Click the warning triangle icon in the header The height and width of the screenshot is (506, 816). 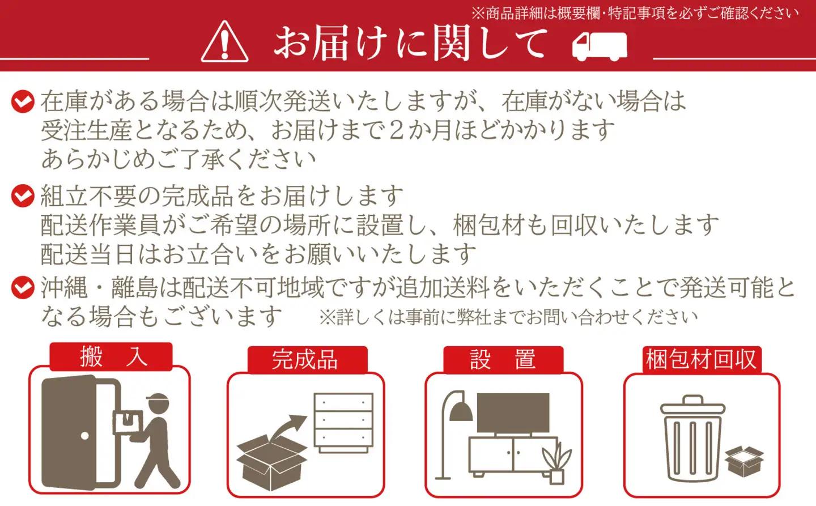click(x=224, y=42)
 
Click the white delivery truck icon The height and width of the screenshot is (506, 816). click(x=600, y=46)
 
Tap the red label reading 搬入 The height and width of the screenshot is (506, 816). click(x=110, y=357)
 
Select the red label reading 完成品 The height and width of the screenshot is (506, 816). click(x=308, y=360)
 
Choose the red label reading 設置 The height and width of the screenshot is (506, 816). click(x=503, y=360)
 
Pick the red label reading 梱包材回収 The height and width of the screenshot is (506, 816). click(x=702, y=360)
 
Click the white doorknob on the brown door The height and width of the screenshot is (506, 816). click(x=85, y=436)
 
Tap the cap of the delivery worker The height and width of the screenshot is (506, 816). click(x=158, y=399)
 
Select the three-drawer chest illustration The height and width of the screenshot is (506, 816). click(x=343, y=423)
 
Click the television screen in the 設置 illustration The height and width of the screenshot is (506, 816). click(x=513, y=413)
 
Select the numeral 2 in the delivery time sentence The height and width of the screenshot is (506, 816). click(x=397, y=130)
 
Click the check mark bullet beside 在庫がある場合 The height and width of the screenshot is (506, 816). click(x=23, y=101)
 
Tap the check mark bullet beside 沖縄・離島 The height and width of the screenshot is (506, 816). click(x=23, y=287)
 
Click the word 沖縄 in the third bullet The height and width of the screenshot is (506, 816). click(x=64, y=287)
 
